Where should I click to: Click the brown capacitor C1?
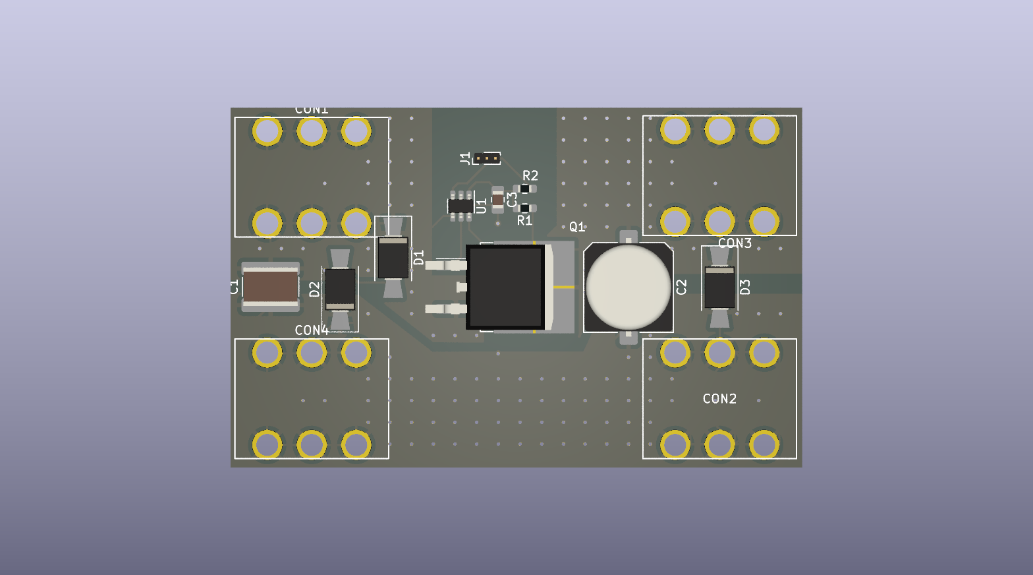(x=271, y=287)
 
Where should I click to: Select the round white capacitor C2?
(x=628, y=287)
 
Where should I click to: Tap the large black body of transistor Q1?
(x=505, y=287)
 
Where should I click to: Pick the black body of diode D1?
(x=393, y=258)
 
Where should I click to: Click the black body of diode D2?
(x=340, y=288)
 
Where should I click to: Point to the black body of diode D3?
(x=719, y=287)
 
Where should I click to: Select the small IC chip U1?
(x=461, y=206)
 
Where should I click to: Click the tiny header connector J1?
(x=487, y=158)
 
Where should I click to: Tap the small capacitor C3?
(x=497, y=199)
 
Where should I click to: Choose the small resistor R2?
(x=524, y=189)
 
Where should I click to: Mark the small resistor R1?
(x=524, y=208)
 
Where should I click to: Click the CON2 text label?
(x=719, y=399)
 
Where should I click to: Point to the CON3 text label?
(x=735, y=243)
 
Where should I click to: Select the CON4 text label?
(x=312, y=330)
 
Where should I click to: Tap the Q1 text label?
(x=577, y=227)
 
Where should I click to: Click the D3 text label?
(x=745, y=287)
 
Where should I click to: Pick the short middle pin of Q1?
(x=462, y=287)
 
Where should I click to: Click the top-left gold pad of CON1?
(x=267, y=131)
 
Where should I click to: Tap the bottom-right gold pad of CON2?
(x=764, y=444)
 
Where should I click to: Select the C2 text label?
(x=682, y=287)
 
